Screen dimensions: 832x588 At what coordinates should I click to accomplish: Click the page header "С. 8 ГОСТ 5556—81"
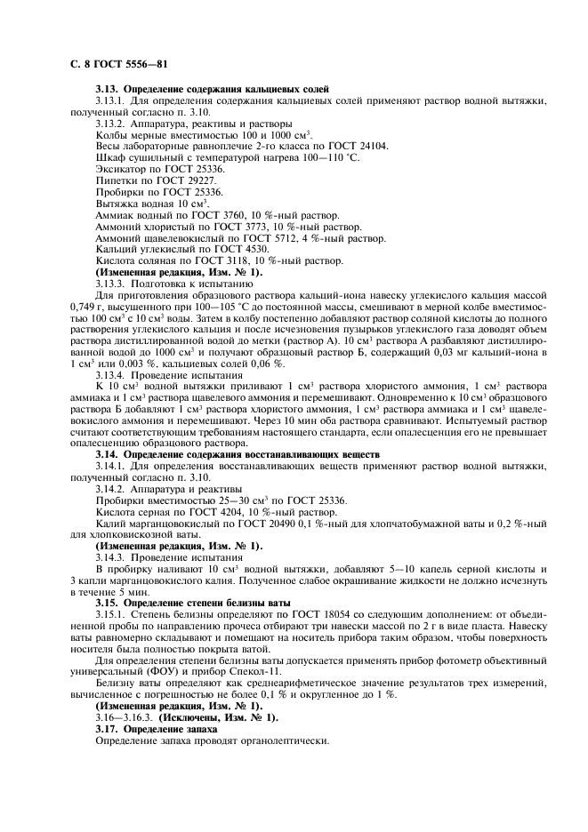117,65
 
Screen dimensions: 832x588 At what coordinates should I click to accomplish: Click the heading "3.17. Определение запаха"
156,730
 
